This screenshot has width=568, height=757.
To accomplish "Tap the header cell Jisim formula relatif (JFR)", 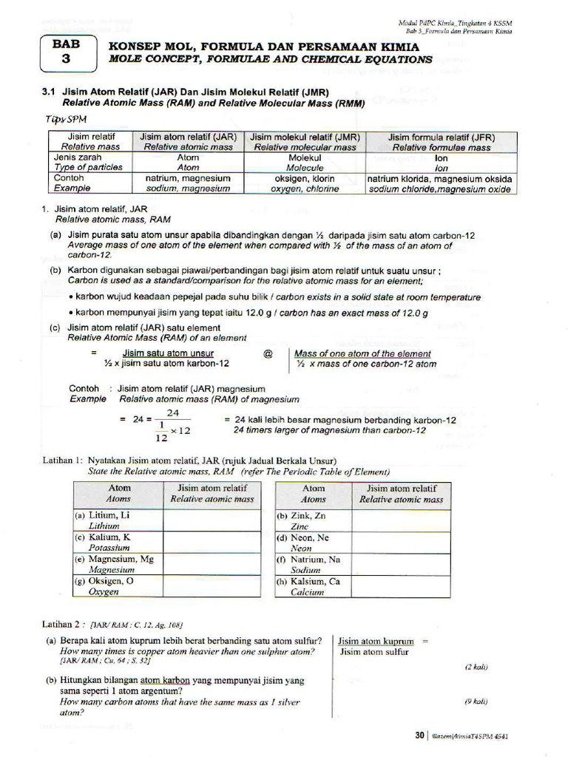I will coord(442,142).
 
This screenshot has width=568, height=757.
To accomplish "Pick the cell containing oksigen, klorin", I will coord(305,183).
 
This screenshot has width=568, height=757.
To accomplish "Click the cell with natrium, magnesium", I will coord(188,183).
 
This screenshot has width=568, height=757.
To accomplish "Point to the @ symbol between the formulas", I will coord(268,354).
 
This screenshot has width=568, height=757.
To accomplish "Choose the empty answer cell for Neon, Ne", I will coord(401,543).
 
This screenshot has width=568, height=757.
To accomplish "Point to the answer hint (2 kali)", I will coord(476,667).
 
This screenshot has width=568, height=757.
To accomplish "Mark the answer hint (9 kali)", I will coord(476,701).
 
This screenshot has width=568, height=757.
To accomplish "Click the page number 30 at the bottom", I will coord(419,736).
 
